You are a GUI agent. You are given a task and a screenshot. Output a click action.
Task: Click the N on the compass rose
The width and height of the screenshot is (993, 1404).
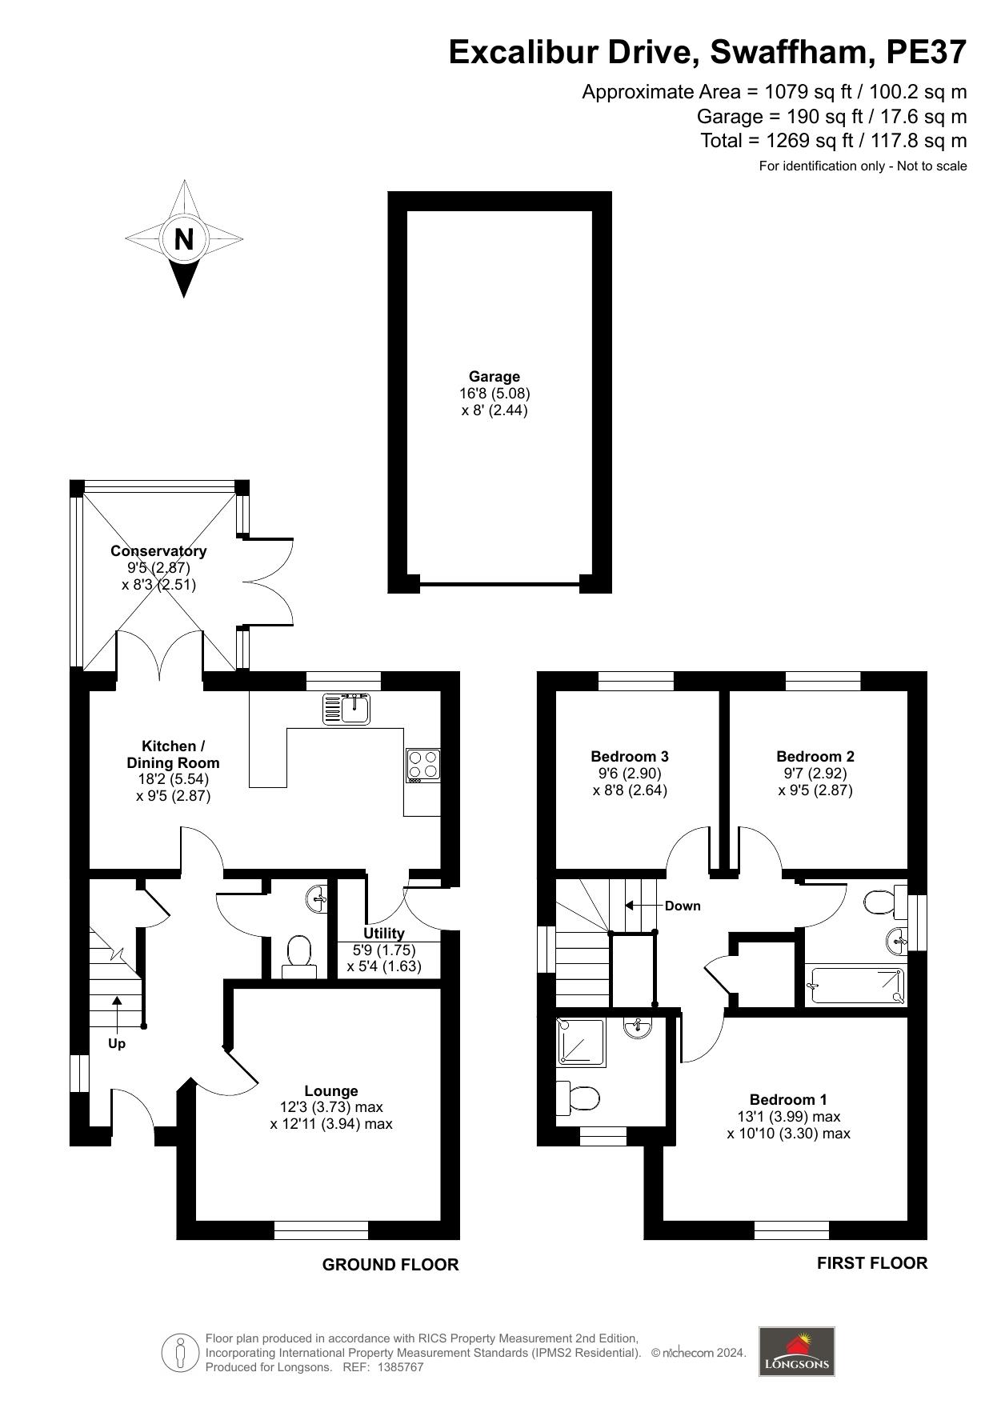(x=184, y=238)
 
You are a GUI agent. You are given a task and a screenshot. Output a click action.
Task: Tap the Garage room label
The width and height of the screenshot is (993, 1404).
(x=494, y=377)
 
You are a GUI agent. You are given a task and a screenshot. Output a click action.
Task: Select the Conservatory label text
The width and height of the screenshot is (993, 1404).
(x=158, y=551)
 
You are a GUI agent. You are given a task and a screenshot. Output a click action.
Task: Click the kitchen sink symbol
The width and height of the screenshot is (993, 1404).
(x=346, y=709)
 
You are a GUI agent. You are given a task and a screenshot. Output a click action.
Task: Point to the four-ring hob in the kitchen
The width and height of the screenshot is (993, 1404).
(x=422, y=764)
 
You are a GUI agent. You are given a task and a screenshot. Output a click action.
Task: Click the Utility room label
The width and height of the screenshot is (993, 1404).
(x=384, y=933)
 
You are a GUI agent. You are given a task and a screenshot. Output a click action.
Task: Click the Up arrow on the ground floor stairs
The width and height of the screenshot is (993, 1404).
(x=117, y=1013)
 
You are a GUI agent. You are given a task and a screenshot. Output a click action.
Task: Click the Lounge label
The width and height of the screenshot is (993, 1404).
(x=331, y=1090)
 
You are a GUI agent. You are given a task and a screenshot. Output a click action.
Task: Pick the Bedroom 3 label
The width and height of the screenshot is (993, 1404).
(x=630, y=756)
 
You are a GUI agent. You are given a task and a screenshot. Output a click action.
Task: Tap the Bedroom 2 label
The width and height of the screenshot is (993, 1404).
(x=815, y=756)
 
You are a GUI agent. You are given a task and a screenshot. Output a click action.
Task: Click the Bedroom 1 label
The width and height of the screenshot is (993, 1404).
(x=788, y=1100)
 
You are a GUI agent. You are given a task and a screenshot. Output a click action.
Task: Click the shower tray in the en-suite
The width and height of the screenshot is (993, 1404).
(x=582, y=1042)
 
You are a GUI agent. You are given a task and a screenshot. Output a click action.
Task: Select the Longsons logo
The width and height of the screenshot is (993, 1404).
(x=796, y=1351)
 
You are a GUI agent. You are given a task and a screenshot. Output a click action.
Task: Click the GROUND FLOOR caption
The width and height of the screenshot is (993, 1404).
(x=390, y=1265)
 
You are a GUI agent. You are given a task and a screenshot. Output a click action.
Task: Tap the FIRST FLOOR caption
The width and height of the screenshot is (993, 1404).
(x=871, y=1263)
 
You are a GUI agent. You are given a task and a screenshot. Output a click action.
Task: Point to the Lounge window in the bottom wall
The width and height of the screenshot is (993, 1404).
(x=321, y=1230)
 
